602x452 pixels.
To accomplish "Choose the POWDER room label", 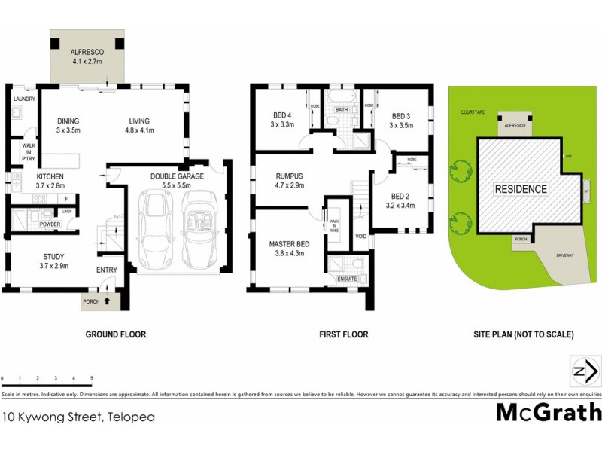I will pos(50,224).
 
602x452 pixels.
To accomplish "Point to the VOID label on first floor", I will pos(361,236).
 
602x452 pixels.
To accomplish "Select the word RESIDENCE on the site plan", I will pos(521,188).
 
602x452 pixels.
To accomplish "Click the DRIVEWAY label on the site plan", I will pos(564,255).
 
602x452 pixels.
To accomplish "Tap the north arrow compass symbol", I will pos(584,371).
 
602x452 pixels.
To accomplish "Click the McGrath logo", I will pos(548,412).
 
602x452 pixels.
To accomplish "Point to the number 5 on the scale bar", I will pos(91,377).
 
